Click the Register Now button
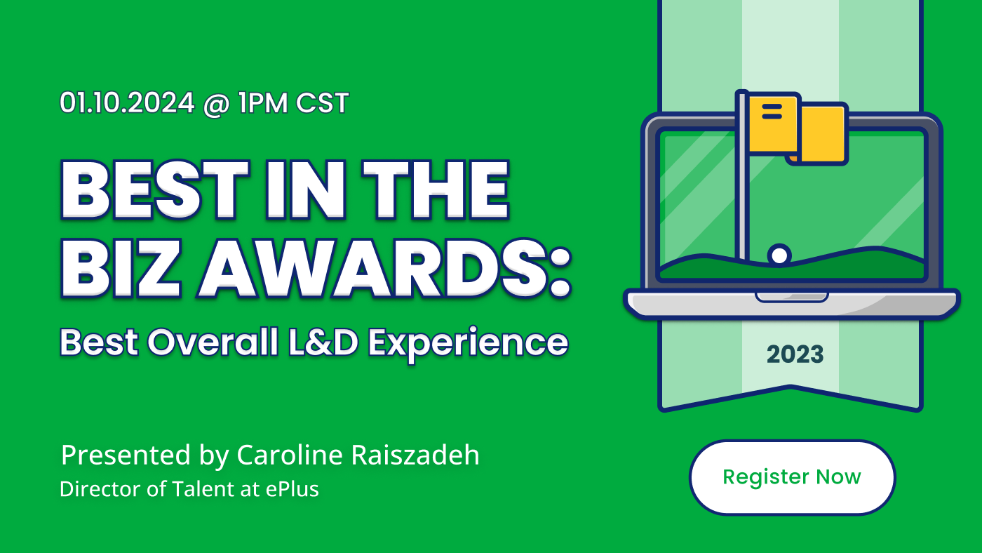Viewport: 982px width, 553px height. pyautogui.click(x=792, y=477)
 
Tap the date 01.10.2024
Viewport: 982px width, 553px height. pyautogui.click(x=127, y=103)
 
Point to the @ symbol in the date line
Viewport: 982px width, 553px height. pyautogui.click(x=216, y=105)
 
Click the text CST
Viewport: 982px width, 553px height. pyautogui.click(x=322, y=103)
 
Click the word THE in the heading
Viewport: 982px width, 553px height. pyautogui.click(x=436, y=189)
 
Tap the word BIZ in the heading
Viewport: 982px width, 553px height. pyautogui.click(x=121, y=268)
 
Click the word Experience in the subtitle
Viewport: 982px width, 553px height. pyautogui.click(x=469, y=345)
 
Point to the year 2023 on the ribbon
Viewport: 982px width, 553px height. pyautogui.click(x=795, y=354)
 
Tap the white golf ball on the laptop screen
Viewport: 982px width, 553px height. pyautogui.click(x=779, y=255)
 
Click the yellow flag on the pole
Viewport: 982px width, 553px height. pyautogui.click(x=797, y=128)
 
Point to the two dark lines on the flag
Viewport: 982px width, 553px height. pyautogui.click(x=772, y=112)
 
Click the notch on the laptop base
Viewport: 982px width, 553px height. pyautogui.click(x=791, y=298)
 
